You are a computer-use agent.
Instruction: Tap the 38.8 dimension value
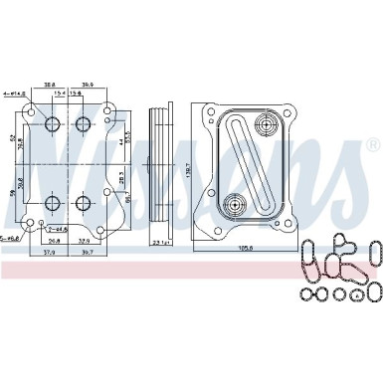pos(49,86)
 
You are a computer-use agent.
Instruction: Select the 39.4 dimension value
pos(89,86)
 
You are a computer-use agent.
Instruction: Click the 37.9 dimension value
pos(50,252)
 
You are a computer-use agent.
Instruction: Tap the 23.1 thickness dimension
pos(160,241)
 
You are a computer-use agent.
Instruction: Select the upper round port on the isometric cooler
pos(266,127)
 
